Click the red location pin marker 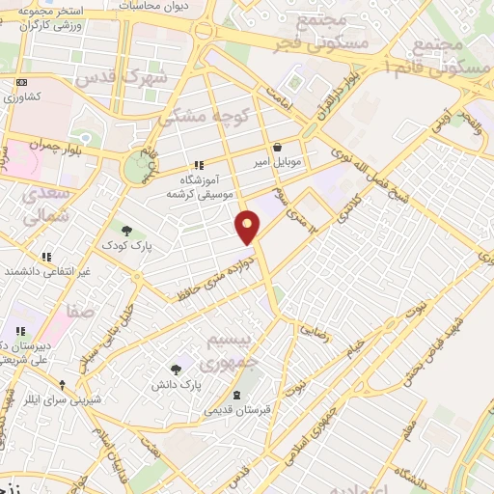[x=248, y=228]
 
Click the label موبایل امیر [x=279, y=162]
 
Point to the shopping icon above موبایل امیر [x=278, y=148]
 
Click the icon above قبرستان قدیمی [x=237, y=395]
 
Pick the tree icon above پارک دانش [x=175, y=369]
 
